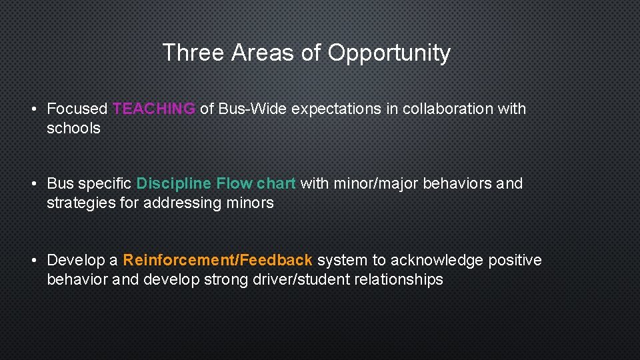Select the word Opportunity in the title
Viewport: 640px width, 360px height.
click(389, 53)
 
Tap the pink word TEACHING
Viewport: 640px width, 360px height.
click(154, 109)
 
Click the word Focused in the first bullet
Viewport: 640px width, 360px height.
click(77, 109)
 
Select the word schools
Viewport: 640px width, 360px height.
click(73, 128)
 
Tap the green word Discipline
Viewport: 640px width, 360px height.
click(174, 183)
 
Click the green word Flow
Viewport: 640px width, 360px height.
click(234, 183)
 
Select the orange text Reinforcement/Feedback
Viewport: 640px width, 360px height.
click(217, 260)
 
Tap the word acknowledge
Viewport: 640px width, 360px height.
click(436, 260)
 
